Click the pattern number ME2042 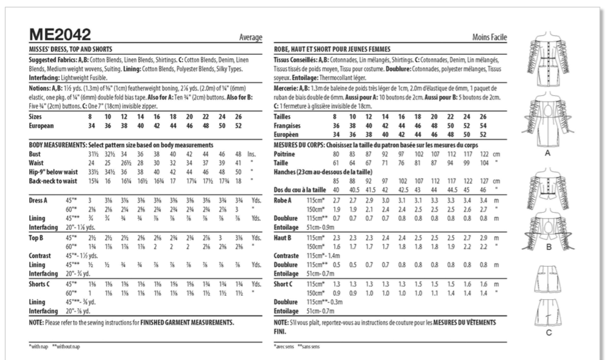(60, 35)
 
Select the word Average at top (251, 38)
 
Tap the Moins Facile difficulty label (490, 38)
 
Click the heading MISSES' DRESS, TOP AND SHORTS (70, 49)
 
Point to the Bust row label (35, 154)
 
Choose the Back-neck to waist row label (53, 181)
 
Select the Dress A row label (38, 201)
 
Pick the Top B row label (36, 238)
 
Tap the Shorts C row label (39, 284)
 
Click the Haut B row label (282, 238)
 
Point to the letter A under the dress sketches (547, 153)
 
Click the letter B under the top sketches (548, 247)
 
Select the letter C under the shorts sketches (548, 333)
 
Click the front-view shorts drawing (548, 279)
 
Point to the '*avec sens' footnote (284, 347)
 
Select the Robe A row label (283, 201)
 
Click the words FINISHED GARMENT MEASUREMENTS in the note (187, 322)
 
